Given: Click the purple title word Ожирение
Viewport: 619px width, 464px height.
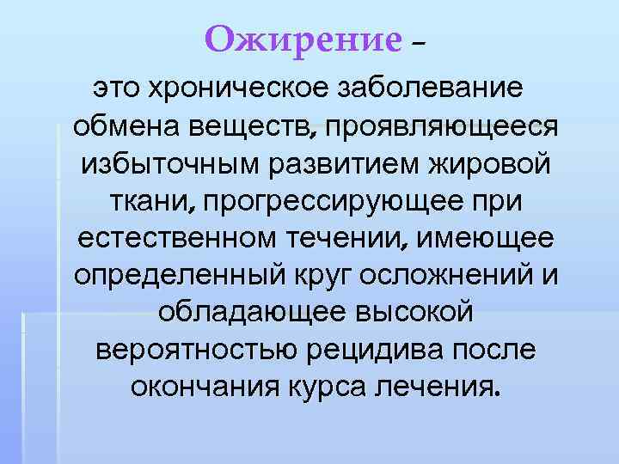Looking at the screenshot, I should (x=303, y=39).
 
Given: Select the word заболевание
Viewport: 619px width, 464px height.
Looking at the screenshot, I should (x=436, y=89).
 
